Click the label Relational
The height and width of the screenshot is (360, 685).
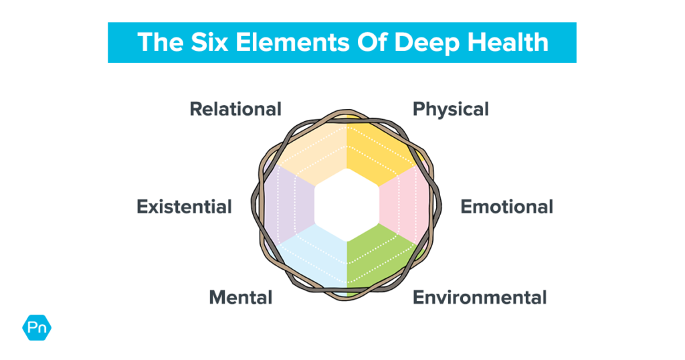point(235,109)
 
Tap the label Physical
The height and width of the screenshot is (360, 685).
point(450,109)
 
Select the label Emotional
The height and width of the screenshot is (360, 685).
point(506,207)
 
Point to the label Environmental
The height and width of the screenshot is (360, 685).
point(480,297)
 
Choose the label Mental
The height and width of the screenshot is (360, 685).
point(240,297)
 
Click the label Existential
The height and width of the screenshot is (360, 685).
point(184,207)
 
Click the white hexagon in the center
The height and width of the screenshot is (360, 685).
point(347,204)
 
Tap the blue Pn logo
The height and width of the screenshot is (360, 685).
point(37,328)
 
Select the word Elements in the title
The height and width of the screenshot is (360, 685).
point(285,42)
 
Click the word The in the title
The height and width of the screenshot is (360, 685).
point(158,42)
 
